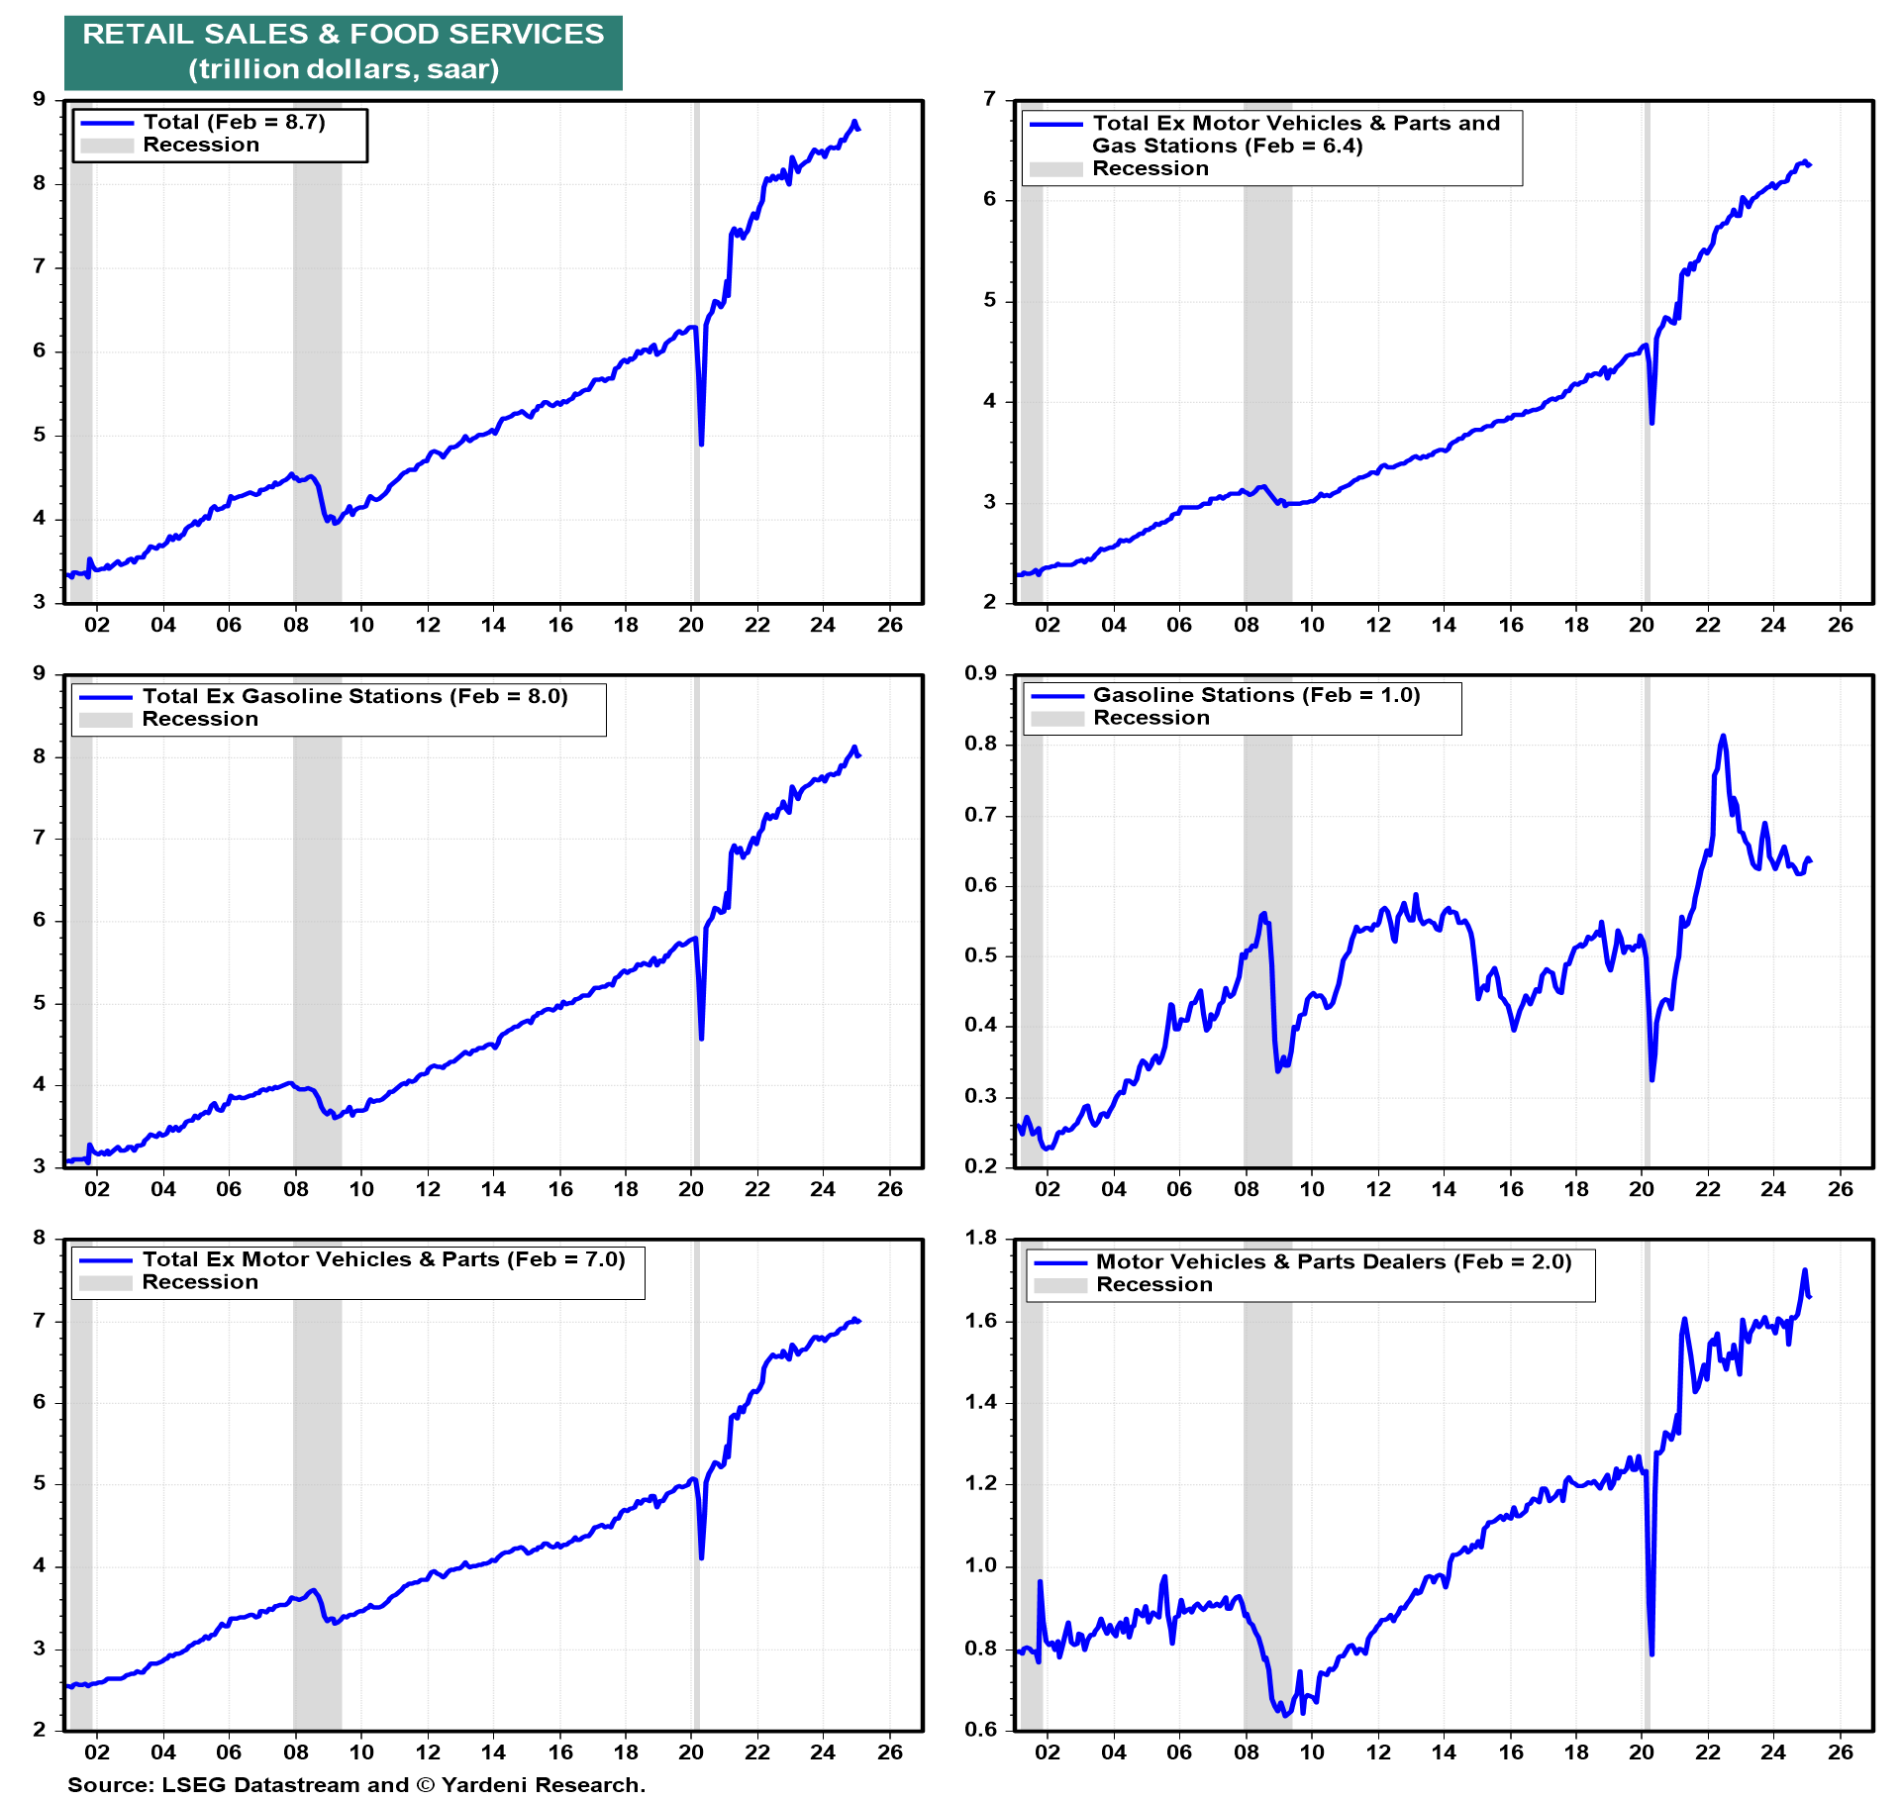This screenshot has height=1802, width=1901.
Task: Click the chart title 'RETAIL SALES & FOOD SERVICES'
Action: [343, 35]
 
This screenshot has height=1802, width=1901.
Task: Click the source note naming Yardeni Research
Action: [356, 1784]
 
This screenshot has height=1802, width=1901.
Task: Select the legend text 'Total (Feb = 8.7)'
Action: [234, 123]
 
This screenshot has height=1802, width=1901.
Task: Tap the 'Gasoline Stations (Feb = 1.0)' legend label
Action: [1255, 696]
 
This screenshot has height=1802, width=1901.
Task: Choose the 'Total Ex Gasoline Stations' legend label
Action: [354, 697]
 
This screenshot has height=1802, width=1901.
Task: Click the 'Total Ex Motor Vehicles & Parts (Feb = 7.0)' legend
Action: [383, 1260]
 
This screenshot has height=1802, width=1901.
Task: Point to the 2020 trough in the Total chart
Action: [701, 444]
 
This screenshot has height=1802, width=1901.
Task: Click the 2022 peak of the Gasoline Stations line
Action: [1723, 737]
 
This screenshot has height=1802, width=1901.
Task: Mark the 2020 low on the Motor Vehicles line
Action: [1651, 1652]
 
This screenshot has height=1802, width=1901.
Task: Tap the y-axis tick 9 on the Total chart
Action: [40, 100]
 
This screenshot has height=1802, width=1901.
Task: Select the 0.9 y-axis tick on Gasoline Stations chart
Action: [980, 674]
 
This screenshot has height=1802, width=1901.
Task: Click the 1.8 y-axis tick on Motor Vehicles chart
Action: [980, 1239]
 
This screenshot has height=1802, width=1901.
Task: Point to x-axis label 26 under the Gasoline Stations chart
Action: [1840, 1189]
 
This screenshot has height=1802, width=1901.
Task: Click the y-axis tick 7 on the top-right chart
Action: [989, 100]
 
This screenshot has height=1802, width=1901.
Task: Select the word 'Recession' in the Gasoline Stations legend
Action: [1151, 719]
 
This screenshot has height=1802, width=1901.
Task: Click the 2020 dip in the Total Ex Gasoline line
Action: [701, 1038]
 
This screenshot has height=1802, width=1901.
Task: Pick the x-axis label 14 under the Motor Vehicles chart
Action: [1444, 1752]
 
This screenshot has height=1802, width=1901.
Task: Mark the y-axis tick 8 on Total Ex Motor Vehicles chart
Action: [40, 1239]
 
